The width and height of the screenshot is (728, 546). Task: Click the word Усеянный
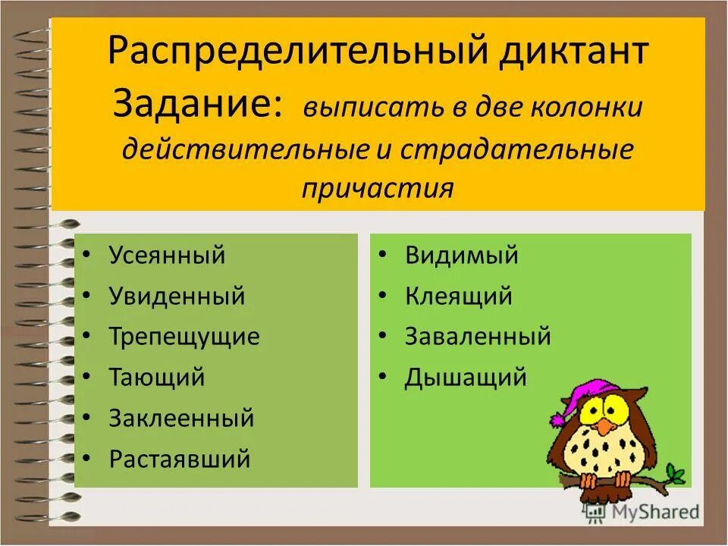click(x=167, y=255)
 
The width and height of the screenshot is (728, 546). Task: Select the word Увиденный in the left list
click(x=177, y=296)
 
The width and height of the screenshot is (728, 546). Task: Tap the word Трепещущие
click(x=184, y=336)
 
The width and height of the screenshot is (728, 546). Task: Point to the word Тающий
click(x=157, y=377)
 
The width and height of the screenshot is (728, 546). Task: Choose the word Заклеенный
click(x=181, y=418)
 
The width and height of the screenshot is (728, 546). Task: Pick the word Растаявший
click(x=180, y=459)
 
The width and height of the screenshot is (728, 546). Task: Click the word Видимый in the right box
click(x=462, y=255)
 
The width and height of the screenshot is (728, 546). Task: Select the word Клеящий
click(x=459, y=296)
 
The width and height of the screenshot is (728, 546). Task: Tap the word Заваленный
click(x=478, y=336)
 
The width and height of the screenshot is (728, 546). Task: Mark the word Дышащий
click(x=466, y=377)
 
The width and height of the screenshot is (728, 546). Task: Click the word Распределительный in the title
click(x=297, y=54)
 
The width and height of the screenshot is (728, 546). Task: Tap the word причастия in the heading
click(x=378, y=187)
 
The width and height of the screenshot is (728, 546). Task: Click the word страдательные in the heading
click(x=516, y=148)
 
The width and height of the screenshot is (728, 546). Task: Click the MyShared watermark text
click(x=657, y=512)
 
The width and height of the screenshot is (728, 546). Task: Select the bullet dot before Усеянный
click(x=89, y=256)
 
